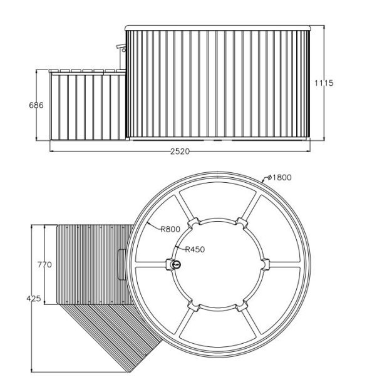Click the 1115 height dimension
(324, 83)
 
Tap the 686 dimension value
(36, 105)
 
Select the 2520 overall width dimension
(180, 152)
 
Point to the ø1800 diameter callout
(279, 177)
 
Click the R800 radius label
(170, 229)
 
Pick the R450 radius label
(195, 249)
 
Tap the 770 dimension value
(44, 264)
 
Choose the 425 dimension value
(34, 298)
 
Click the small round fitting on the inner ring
(176, 264)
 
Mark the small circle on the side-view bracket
(124, 50)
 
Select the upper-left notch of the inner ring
(194, 224)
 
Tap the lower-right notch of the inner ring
(242, 306)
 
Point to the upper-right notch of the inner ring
(242, 224)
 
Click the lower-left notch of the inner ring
(194, 306)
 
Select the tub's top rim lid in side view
(218, 28)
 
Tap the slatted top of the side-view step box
(87, 71)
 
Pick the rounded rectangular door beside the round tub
(121, 264)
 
